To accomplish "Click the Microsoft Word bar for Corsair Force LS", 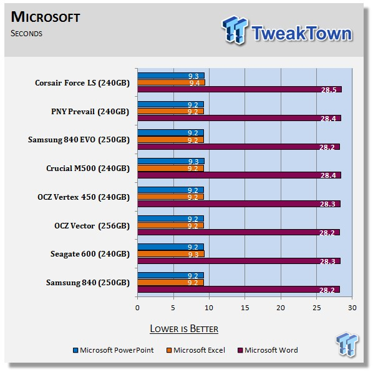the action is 240,89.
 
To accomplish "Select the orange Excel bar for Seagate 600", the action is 171,254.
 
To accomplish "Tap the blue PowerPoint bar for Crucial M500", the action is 171,161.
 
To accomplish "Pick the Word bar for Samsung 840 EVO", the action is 239,147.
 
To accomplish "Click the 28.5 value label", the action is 329,90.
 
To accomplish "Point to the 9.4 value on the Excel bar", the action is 195,83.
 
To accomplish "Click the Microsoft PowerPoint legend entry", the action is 114,350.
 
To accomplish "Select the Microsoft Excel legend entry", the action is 196,350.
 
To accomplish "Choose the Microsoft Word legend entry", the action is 268,350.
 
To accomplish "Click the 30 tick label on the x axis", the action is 352,308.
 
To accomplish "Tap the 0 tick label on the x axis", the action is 137,308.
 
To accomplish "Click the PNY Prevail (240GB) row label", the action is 90,112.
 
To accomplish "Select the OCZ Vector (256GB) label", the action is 92,225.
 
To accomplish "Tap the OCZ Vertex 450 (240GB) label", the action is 84,197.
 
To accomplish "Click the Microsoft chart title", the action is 46,17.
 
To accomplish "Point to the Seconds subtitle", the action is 26,33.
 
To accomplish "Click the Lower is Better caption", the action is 184,329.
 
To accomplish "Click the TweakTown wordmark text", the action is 302,33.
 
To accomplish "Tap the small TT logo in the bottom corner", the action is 347,345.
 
